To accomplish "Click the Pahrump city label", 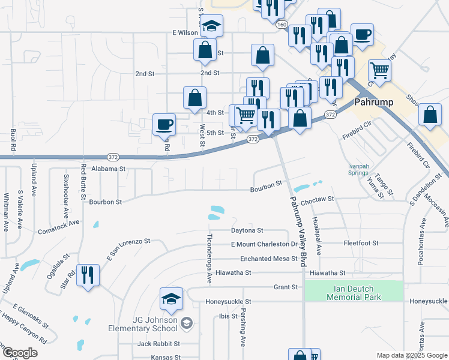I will click(373, 102).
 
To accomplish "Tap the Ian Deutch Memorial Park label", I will click(354, 292).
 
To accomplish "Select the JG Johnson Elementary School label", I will click(143, 324).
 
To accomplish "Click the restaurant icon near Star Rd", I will click(88, 275).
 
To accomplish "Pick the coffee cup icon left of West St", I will click(164, 125).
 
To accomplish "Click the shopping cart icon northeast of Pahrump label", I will click(379, 71).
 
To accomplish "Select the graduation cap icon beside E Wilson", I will click(211, 27).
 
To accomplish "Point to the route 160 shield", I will click(282, 25).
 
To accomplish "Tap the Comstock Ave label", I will click(58, 227).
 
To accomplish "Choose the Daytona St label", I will click(247, 230).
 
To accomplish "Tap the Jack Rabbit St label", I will click(158, 344).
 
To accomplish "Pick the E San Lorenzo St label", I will click(128, 247).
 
